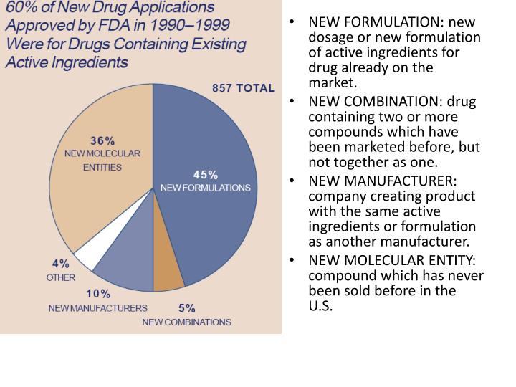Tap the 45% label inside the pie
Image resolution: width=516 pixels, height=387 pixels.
206,175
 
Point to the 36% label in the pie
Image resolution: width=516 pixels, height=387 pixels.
102,140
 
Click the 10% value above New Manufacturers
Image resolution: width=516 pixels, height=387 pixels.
98,294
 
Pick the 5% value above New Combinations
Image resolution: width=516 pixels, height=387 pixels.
186,308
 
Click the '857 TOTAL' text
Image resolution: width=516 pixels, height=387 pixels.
243,88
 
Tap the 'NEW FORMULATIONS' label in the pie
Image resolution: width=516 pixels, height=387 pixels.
205,188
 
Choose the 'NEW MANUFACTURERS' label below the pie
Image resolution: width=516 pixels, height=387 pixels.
97,308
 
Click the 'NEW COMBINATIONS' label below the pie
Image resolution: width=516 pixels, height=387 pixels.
186,322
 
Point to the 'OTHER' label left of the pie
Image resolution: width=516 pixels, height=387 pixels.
60,277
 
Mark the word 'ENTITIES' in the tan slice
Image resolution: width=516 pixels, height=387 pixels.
103,167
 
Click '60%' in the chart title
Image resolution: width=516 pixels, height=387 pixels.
22,9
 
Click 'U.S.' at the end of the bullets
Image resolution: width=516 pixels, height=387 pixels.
321,306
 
